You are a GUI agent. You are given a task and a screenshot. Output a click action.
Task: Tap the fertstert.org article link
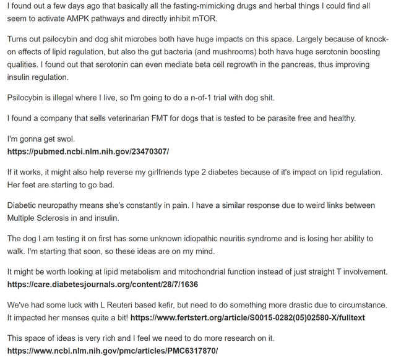point(248,318)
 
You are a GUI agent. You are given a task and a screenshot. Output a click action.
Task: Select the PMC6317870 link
point(113,351)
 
